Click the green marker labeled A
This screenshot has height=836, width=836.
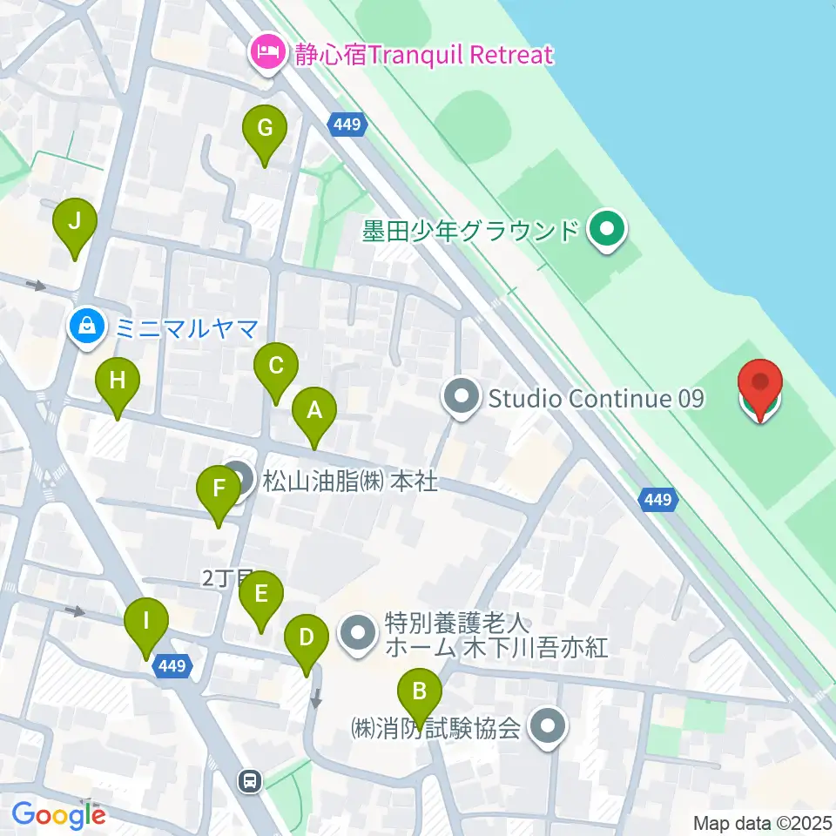coord(313,410)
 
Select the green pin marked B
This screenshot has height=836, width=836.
coord(419,692)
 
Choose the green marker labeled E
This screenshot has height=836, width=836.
coord(260,595)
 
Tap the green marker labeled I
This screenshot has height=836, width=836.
coord(145,623)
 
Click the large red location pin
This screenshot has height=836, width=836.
coord(760,383)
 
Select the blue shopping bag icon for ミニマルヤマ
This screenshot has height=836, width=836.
coord(87,327)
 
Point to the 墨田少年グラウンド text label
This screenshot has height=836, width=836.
coord(471,231)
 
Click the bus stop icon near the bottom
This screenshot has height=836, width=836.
coord(251,781)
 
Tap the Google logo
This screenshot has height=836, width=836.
coord(58,815)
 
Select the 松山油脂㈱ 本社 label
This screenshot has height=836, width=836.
coord(349,480)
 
